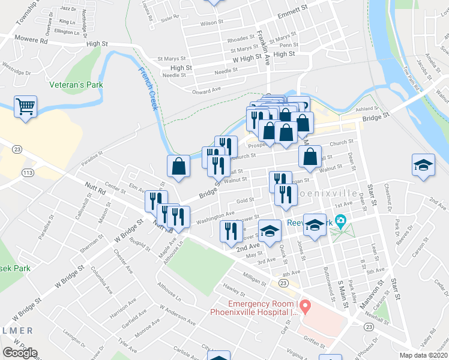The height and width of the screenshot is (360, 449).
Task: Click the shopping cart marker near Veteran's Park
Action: (25, 107)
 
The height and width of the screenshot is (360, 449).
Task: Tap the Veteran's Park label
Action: (76, 85)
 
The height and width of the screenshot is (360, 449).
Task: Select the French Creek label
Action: (148, 89)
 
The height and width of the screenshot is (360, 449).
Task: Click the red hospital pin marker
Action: (304, 308)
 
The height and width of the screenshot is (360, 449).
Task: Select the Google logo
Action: (20, 353)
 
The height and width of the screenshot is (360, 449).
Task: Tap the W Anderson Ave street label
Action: (177, 315)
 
